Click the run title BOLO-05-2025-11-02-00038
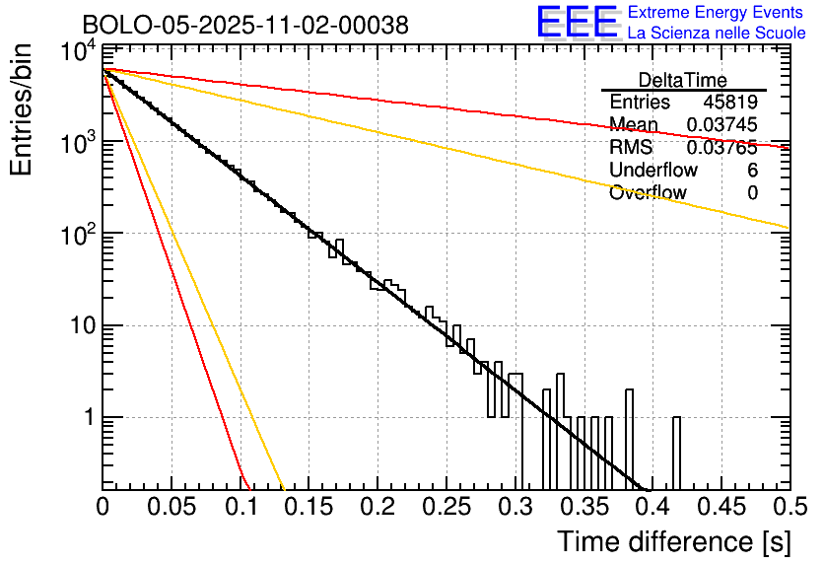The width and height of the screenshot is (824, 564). pyautogui.click(x=244, y=25)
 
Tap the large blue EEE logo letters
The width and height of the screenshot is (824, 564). pyautogui.click(x=577, y=23)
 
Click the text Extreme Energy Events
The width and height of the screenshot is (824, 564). pyautogui.click(x=717, y=13)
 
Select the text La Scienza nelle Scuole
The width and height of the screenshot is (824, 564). pyautogui.click(x=717, y=33)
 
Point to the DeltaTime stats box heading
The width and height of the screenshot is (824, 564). pyautogui.click(x=683, y=80)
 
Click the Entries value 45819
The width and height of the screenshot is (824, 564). pyautogui.click(x=730, y=103)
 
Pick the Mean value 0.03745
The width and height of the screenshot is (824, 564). pyautogui.click(x=722, y=125)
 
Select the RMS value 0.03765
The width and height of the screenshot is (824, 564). pyautogui.click(x=722, y=148)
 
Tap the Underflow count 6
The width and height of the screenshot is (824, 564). pyautogui.click(x=752, y=171)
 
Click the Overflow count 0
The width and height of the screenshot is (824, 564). pyautogui.click(x=752, y=193)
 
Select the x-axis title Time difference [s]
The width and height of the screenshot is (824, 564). pyautogui.click(x=672, y=541)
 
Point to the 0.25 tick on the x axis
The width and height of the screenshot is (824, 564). pyautogui.click(x=446, y=507)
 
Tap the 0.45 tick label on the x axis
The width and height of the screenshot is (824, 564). pyautogui.click(x=721, y=507)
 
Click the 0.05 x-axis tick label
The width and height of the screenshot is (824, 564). pyautogui.click(x=172, y=507)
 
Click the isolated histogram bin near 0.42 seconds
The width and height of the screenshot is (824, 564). pyautogui.click(x=676, y=454)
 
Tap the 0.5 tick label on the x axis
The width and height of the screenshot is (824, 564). pyautogui.click(x=789, y=507)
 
